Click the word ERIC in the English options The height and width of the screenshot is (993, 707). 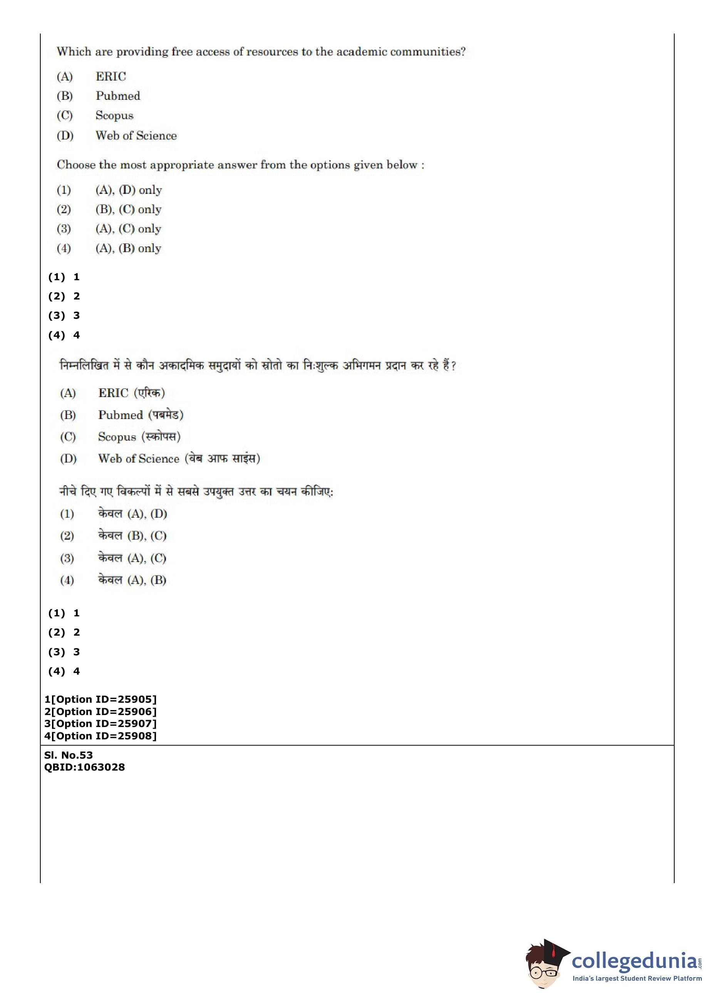click(111, 77)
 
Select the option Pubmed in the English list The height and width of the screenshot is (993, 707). click(117, 96)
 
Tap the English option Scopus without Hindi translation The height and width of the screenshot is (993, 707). click(114, 116)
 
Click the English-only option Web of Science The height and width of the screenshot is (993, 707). click(136, 136)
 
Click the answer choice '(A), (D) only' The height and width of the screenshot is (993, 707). click(129, 190)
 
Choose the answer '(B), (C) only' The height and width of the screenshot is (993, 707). click(129, 210)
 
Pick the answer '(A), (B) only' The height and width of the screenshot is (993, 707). click(129, 248)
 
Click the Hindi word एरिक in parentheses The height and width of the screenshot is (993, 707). click(149, 393)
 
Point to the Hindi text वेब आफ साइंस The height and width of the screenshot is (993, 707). click(222, 458)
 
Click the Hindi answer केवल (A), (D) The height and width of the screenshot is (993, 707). click(132, 514)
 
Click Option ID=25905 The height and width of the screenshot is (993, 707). click(100, 699)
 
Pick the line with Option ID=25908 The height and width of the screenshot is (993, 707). click(100, 736)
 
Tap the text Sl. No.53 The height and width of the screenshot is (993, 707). click(68, 755)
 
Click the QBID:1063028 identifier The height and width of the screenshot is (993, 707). click(84, 767)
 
